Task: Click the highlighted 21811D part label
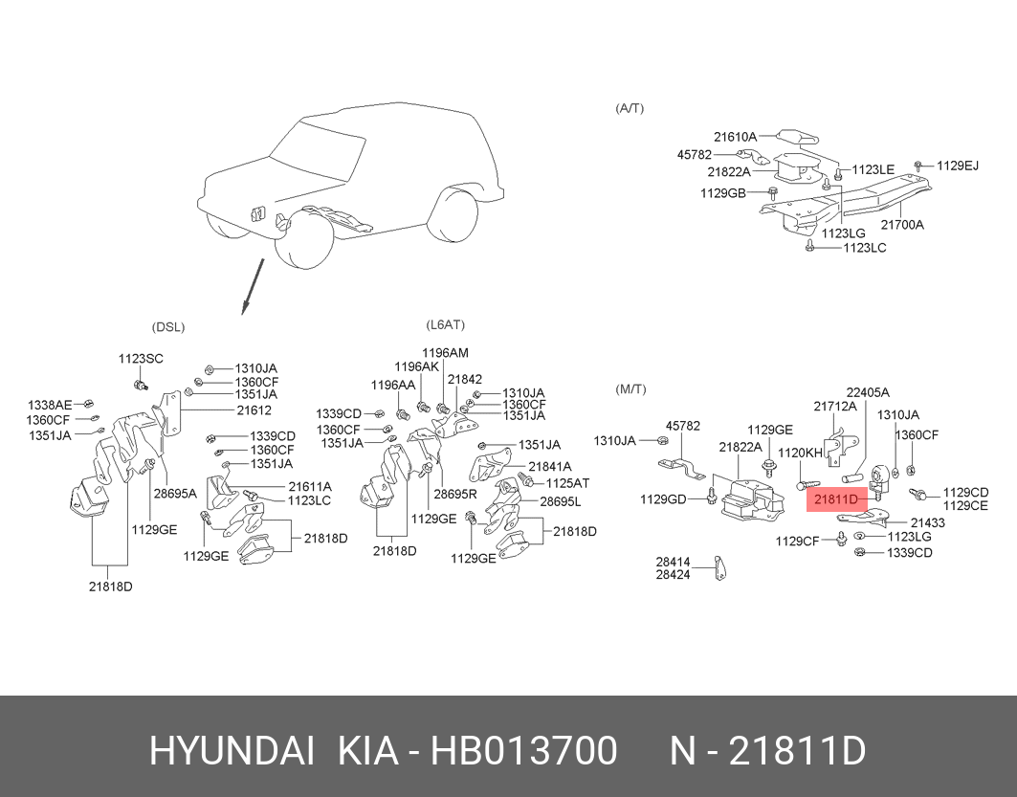[x=836, y=498]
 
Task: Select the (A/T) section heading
[x=630, y=108]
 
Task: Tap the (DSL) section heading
[x=168, y=327]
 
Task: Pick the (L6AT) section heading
[x=446, y=324]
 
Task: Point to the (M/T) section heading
[x=630, y=389]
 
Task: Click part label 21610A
[x=736, y=137]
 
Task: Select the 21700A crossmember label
[x=902, y=225]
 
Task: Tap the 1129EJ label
[x=958, y=166]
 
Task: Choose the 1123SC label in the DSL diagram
[x=141, y=359]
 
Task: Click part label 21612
[x=254, y=410]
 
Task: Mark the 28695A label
[x=175, y=493]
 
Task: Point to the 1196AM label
[x=445, y=353]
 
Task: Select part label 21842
[x=465, y=380]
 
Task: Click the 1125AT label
[x=567, y=483]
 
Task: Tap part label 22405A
[x=868, y=392]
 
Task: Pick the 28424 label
[x=673, y=575]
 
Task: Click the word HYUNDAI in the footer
[x=232, y=751]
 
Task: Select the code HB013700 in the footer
[x=524, y=751]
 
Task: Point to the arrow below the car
[x=253, y=287]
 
